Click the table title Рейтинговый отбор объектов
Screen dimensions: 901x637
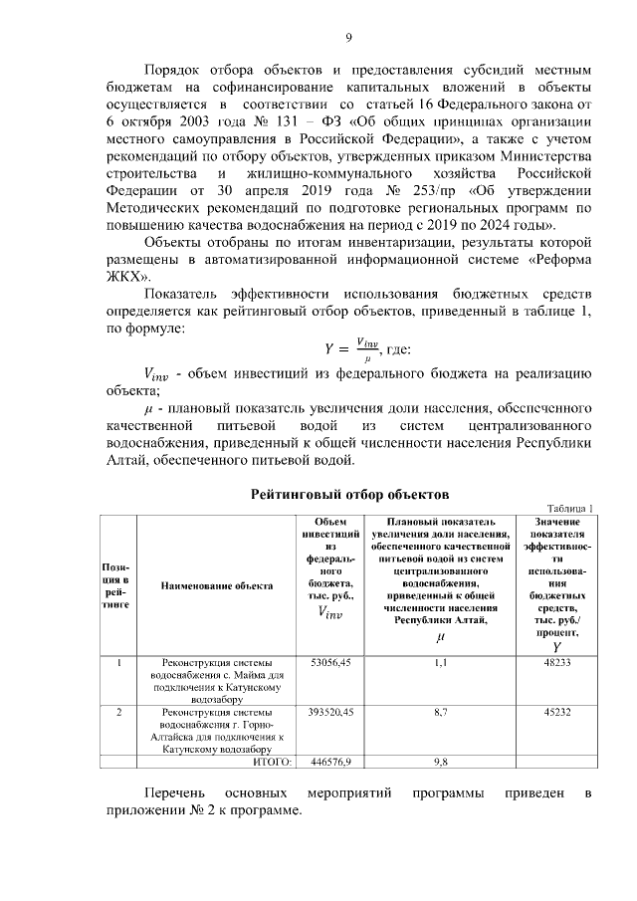pyautogui.click(x=349, y=493)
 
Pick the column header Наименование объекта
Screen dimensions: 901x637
pyautogui.click(x=217, y=585)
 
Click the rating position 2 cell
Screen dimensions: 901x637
pyautogui.click(x=119, y=713)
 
